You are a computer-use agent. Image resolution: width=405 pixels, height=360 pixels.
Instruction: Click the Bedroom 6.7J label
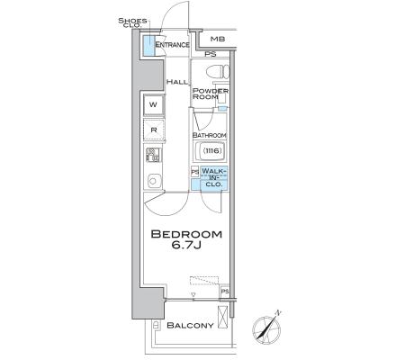[x=186, y=239]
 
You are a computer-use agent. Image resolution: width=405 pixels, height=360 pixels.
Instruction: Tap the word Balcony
[x=190, y=325]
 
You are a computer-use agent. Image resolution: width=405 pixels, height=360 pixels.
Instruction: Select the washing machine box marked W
[x=154, y=104]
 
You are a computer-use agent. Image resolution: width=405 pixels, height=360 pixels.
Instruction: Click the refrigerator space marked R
[x=154, y=130]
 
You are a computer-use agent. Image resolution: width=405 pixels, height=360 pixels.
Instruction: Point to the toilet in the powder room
[x=218, y=72]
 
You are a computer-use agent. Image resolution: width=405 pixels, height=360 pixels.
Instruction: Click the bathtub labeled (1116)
[x=212, y=151]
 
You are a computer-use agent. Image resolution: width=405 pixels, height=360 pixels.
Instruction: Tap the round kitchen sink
[x=153, y=181]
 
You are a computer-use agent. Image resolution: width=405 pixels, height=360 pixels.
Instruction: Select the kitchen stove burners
[x=154, y=155]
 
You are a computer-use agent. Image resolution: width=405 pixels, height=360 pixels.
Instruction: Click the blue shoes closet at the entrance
[x=148, y=46]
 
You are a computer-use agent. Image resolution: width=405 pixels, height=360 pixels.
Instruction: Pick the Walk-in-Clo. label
[x=213, y=177]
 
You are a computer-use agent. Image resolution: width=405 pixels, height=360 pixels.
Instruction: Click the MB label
[x=218, y=39]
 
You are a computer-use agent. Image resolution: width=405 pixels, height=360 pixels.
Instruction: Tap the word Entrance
[x=172, y=45]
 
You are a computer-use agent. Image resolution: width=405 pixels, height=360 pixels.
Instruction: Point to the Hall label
[x=177, y=82]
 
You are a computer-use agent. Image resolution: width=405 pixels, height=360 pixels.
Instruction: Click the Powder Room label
[x=211, y=94]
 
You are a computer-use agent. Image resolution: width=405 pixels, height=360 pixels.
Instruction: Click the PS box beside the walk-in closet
[x=195, y=172]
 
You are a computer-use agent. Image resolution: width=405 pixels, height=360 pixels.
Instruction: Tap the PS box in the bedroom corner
[x=225, y=292]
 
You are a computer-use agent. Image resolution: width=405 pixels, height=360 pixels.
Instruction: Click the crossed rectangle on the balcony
[x=222, y=317]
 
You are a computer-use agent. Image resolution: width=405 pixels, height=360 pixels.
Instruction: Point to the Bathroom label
[x=210, y=135]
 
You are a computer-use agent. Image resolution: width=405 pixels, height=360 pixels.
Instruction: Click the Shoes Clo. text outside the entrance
[x=132, y=22]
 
